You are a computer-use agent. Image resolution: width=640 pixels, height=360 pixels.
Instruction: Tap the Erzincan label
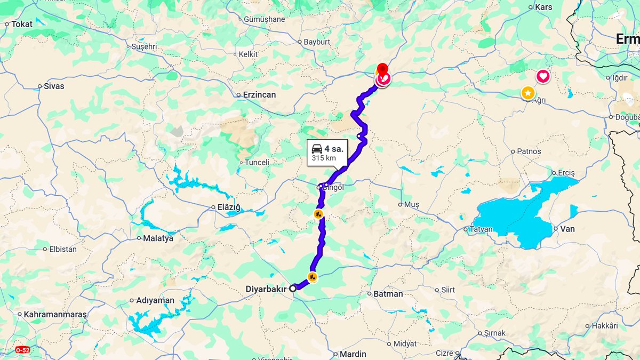coord(260,95)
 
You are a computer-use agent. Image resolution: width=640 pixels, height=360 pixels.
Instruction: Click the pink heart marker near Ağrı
coord(543,76)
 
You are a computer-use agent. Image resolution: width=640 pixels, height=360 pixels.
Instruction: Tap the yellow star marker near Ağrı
coord(527,93)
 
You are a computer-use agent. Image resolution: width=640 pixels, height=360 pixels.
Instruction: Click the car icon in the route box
coord(317,149)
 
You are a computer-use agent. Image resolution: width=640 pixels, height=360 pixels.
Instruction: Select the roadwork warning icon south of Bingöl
coord(318,214)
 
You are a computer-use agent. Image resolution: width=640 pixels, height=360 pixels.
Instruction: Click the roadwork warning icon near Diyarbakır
coord(313,277)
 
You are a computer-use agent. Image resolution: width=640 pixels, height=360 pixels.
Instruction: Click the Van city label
coord(567,229)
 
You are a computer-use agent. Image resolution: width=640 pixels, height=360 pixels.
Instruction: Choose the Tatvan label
coord(481,230)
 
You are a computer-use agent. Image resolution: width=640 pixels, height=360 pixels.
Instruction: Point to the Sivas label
coord(54,86)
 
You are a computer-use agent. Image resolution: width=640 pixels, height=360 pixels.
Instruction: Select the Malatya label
coord(158,238)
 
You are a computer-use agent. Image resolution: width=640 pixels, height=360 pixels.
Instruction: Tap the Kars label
coord(543,7)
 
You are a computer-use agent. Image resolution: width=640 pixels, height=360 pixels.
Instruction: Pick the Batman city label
coord(388,294)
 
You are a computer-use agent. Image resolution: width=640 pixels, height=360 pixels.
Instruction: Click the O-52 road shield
coord(22,350)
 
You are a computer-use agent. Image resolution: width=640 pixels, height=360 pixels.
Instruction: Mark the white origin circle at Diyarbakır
coord(293,288)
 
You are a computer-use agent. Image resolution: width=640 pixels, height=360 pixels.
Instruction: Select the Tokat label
coord(22,24)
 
